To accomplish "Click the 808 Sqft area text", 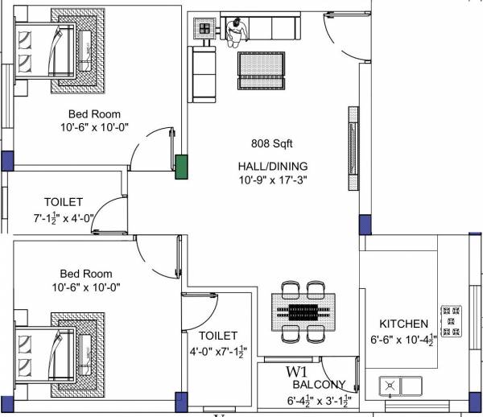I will coord(271,144).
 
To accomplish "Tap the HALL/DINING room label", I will coord(272,166).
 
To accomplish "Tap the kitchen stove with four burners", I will coord(451,320).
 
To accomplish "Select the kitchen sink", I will coord(401,386).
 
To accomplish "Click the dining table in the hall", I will coord(304,311).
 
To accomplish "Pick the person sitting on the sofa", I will coord(237,30).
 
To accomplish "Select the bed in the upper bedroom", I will coord(60,48).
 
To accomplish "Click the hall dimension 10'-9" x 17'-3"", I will coord(272,180).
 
